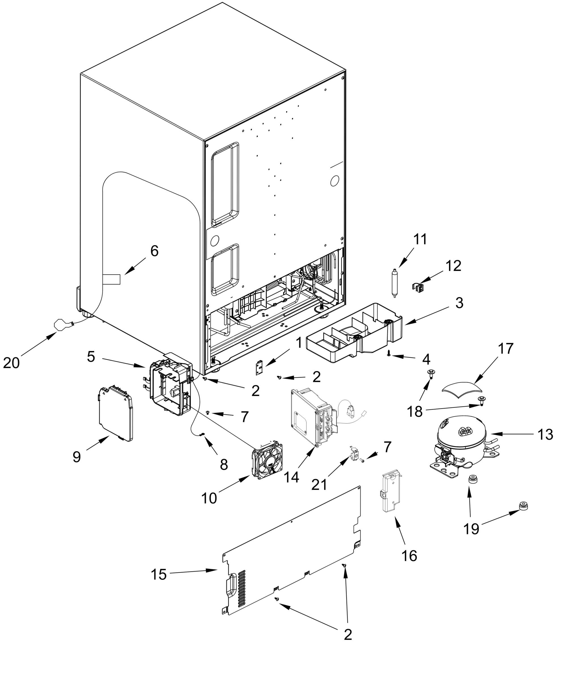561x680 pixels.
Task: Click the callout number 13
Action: (x=546, y=435)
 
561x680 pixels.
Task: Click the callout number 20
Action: (x=11, y=363)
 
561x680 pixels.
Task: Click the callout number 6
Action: (x=154, y=251)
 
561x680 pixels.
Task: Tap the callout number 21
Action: (x=319, y=484)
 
